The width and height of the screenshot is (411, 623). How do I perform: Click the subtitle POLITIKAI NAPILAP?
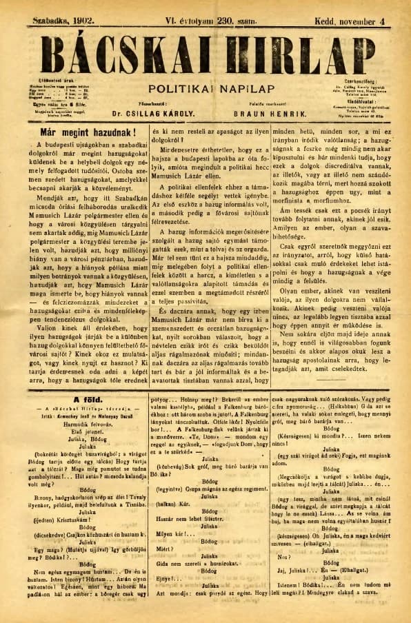click(x=205, y=89)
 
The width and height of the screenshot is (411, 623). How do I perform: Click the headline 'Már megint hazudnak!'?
click(x=79, y=131)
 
